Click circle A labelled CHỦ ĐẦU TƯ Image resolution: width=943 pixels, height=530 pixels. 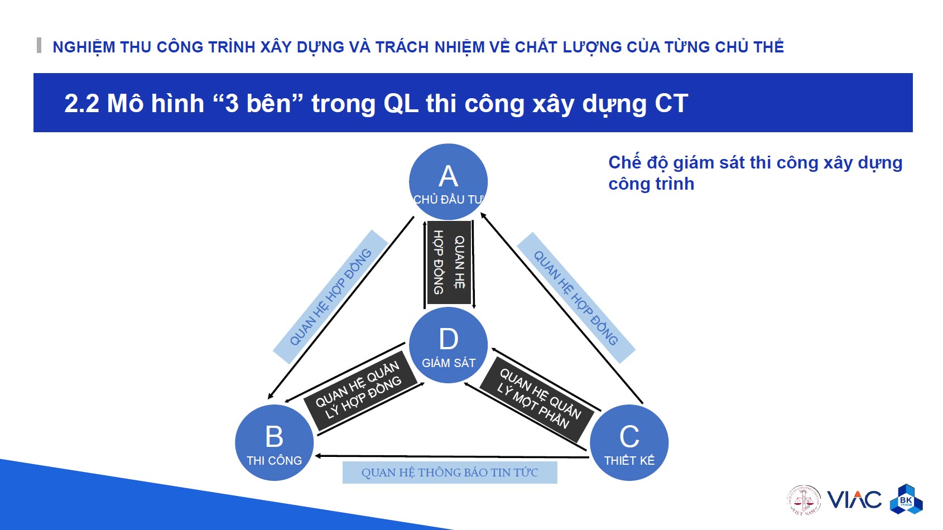click(448, 182)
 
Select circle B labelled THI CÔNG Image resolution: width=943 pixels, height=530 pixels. click(274, 442)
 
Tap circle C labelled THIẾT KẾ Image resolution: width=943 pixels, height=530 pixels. click(629, 442)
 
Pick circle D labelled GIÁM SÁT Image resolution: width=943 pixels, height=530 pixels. click(448, 345)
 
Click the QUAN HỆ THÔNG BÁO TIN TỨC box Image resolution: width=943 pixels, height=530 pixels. click(450, 473)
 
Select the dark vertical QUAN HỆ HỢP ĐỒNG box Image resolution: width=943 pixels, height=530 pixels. click(449, 263)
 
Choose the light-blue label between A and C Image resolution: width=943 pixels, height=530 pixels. click(576, 298)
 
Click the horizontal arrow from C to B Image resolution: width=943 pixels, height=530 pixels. click(452, 456)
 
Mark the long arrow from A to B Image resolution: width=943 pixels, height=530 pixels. click(341, 307)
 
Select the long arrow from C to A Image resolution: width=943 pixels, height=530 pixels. click(561, 307)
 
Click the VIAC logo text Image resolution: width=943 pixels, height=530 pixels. click(854, 500)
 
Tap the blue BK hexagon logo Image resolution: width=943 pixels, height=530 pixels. click(906, 499)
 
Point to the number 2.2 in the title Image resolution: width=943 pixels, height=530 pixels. click(81, 104)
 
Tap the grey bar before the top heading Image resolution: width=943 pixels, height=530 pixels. click(39, 45)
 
